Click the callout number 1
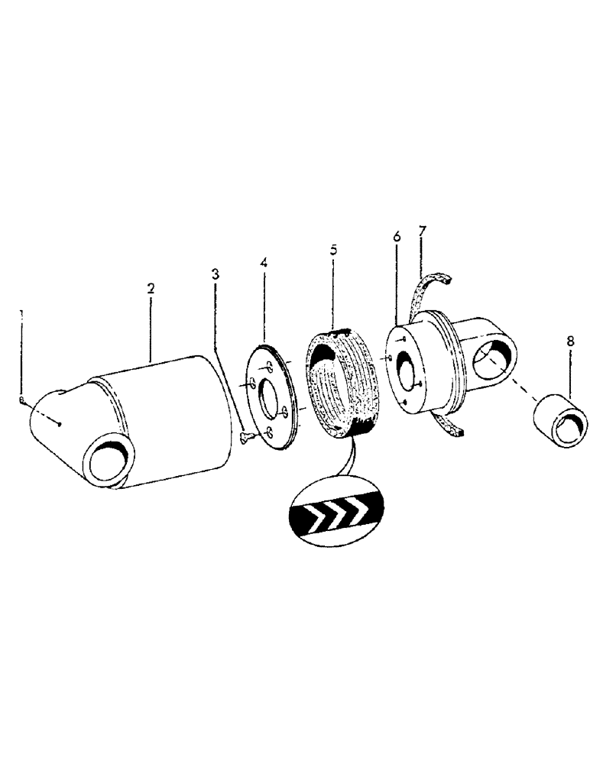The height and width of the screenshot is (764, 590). click(21, 314)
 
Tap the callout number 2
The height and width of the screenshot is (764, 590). click(151, 288)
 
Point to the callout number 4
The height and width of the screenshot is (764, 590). click(263, 263)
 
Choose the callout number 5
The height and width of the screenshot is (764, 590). click(332, 250)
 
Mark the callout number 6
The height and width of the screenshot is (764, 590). click(397, 238)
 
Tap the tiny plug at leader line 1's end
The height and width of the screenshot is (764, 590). click(24, 400)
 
